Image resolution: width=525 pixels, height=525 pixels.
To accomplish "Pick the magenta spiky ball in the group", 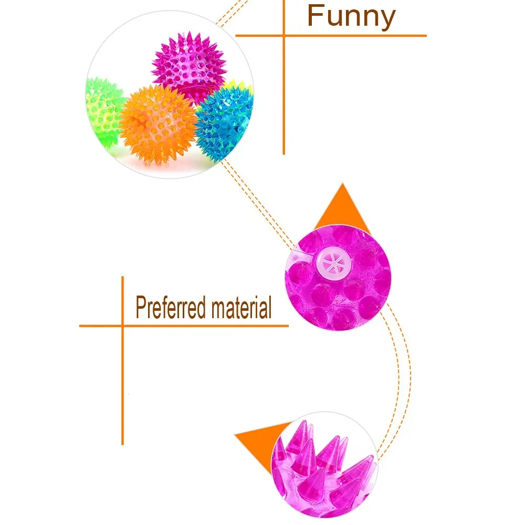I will pos(189,66).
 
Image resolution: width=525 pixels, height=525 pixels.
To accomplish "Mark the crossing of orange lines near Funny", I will pos(284,36).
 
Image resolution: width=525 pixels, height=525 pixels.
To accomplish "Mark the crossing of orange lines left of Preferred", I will pos(123,325).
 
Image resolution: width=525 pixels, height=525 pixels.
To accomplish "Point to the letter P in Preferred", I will pos(141,307).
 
